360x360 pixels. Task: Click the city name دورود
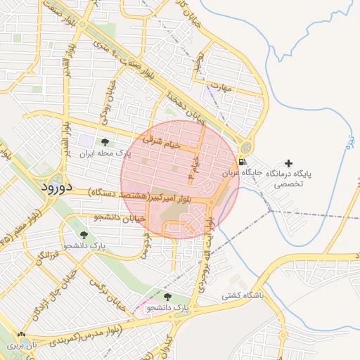pos(47,187)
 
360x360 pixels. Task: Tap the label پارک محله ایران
pos(105,153)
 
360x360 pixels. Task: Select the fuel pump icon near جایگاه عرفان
pos(242,163)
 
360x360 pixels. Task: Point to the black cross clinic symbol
pos(288,163)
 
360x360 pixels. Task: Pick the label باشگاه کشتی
pos(241,296)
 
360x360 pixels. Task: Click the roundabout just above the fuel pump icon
pos(245,148)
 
